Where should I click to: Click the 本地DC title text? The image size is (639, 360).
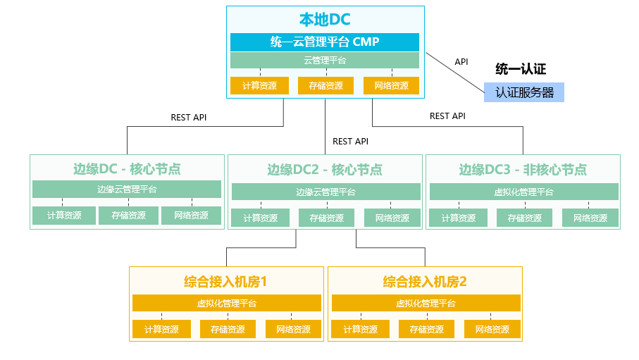coord(325,19)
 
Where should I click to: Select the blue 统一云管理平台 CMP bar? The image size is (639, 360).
coord(325,42)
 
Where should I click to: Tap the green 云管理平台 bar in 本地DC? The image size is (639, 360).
coord(325,61)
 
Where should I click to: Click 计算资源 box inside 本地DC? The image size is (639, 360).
coord(259,86)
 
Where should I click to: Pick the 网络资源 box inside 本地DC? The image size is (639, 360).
coord(392,86)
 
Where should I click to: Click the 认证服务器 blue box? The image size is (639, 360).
coord(524,92)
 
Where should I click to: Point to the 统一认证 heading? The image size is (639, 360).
coord(521,69)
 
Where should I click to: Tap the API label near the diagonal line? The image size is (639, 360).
coord(461,61)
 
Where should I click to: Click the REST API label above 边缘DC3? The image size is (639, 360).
coord(447,116)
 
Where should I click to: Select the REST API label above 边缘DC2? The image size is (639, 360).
coord(350,142)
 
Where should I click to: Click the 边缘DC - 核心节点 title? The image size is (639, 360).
coord(127,169)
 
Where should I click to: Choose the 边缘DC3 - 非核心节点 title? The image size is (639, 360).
coord(523,169)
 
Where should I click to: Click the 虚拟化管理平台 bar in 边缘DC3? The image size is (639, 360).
coord(524,192)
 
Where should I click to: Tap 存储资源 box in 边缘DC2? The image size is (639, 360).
coord(326,218)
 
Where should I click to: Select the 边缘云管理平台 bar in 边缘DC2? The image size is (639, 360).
coord(326,192)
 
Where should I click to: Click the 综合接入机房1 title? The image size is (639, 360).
coord(225,282)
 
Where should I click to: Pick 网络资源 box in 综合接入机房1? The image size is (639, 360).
coord(293,330)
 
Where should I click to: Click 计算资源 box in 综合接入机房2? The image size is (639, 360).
coord(360,330)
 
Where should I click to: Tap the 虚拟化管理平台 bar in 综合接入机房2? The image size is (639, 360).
coord(426,304)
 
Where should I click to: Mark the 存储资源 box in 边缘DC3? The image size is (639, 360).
coord(524,218)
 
